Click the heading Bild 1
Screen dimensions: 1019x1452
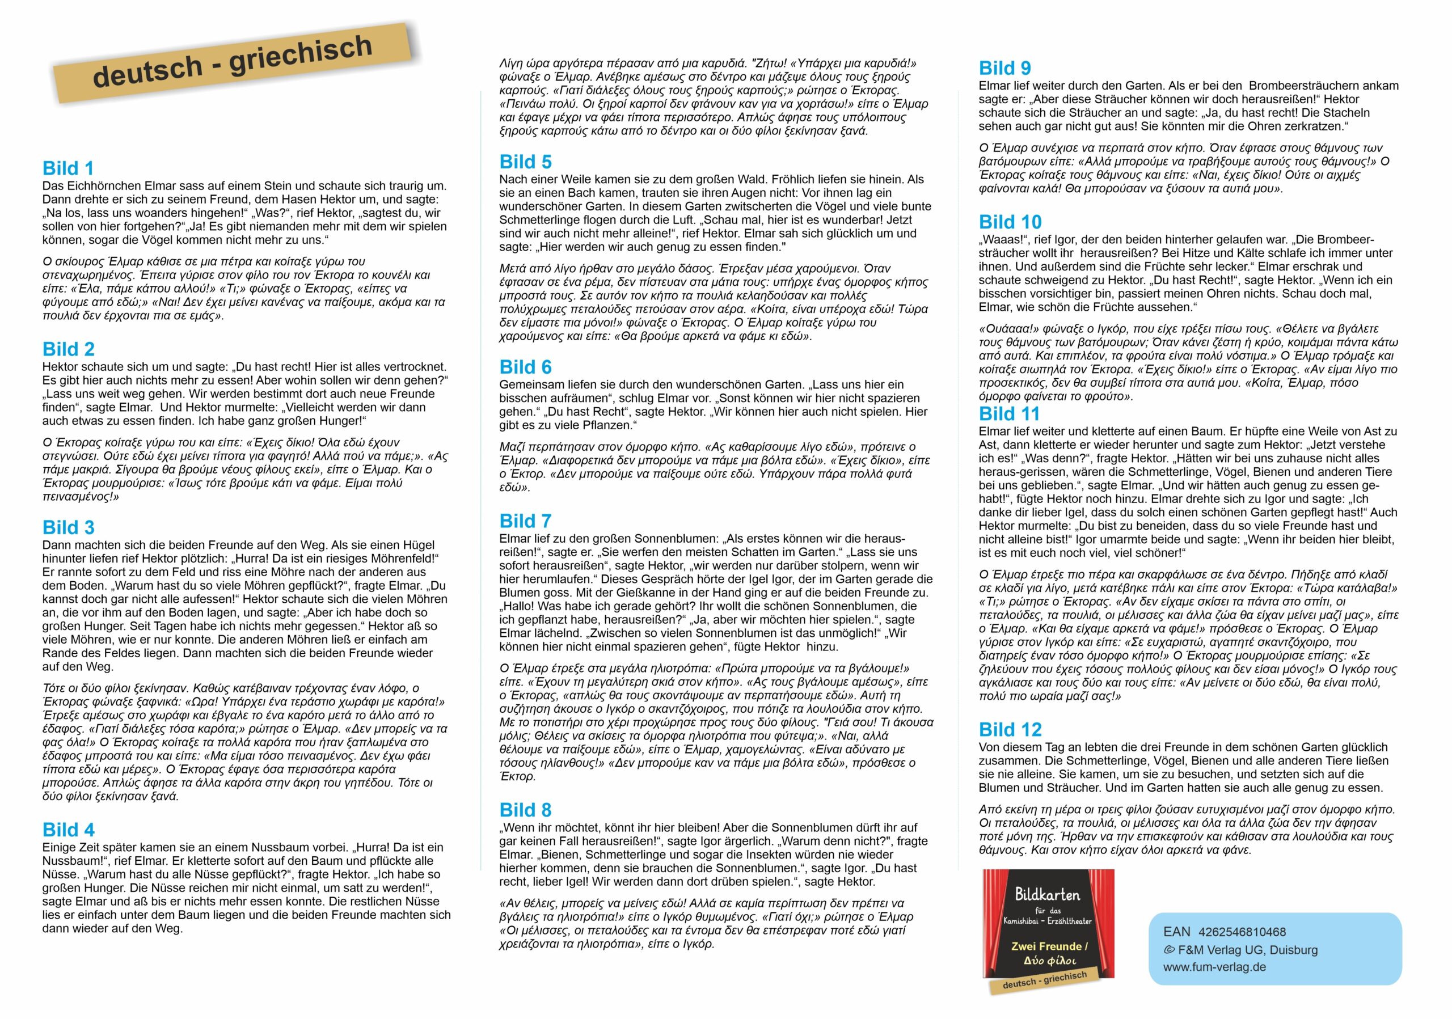(x=67, y=169)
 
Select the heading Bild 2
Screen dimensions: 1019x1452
(x=68, y=349)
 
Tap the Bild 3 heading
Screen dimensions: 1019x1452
(x=68, y=528)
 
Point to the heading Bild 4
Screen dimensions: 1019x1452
(x=68, y=830)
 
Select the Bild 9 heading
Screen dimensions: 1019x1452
(x=1004, y=68)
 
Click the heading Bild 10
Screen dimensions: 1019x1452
(x=1010, y=222)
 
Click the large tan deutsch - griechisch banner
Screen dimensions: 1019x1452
(x=232, y=61)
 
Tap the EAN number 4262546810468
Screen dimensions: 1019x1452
(x=1242, y=932)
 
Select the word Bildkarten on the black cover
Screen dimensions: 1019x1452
(x=1047, y=894)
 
